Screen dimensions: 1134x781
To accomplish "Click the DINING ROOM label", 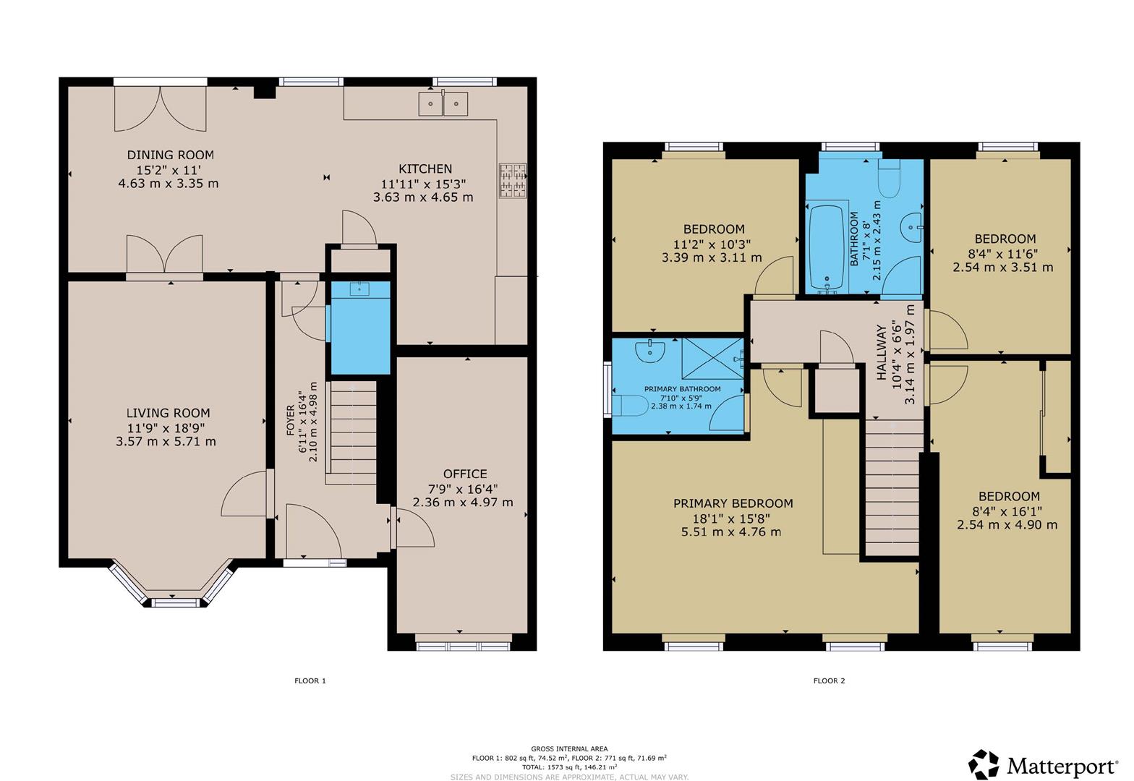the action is [x=170, y=155].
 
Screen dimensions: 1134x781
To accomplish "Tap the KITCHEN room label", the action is [x=425, y=168].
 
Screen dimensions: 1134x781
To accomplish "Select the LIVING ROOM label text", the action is [x=168, y=413].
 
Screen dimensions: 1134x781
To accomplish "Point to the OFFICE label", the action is [x=465, y=474].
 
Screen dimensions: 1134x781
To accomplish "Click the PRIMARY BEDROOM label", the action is [x=733, y=503].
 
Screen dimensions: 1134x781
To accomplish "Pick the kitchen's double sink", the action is [x=443, y=103].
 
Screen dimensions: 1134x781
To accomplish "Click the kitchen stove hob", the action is [x=512, y=180].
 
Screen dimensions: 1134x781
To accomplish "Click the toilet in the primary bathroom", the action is [x=631, y=406].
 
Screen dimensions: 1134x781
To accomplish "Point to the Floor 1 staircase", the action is [x=351, y=432].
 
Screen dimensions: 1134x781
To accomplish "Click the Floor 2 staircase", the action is [x=892, y=487].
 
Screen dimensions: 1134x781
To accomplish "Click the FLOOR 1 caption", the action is [x=310, y=680].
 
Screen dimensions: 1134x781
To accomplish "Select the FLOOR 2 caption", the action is [x=830, y=680].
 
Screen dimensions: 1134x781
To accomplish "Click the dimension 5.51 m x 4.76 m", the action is [x=731, y=532].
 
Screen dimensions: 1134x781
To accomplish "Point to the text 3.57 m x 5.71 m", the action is [x=166, y=441].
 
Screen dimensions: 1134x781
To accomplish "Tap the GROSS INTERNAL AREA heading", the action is [x=570, y=748].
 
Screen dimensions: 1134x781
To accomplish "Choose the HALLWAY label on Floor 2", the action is [x=882, y=353].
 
